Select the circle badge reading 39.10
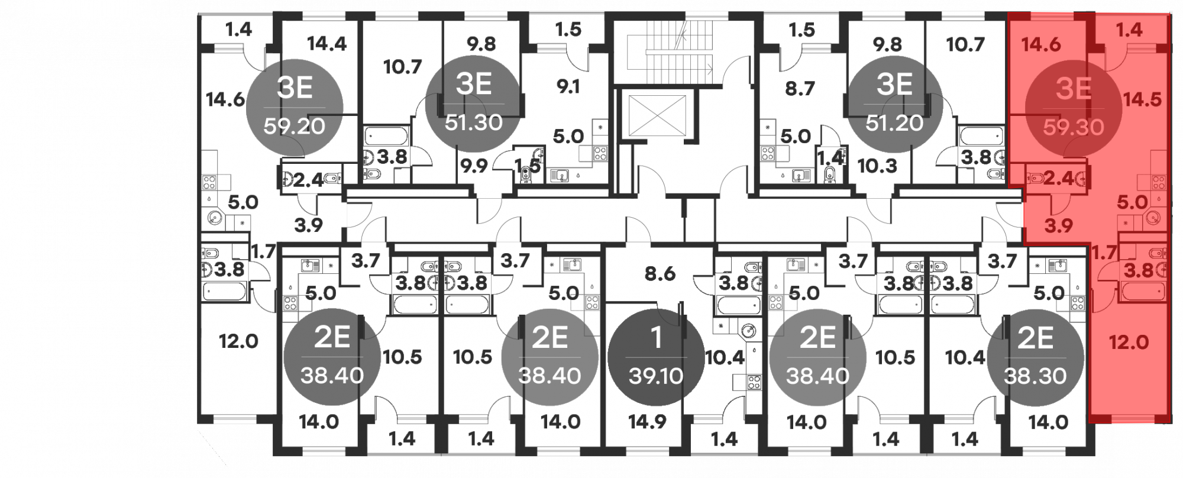pos(656,357)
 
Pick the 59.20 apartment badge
pos(295,106)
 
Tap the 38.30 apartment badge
pos(1035,357)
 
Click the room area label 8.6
pos(660,274)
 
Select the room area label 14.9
pos(647,422)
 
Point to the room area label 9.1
pos(568,87)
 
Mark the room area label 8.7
pos(800,89)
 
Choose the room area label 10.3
pos(878,166)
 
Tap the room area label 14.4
pos(327,44)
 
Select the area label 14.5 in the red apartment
pos(1143,99)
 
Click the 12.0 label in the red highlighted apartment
pos(1129,342)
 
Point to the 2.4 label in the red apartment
pos(1058,178)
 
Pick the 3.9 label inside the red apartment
pos(1058,225)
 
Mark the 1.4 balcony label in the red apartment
pos(1129,30)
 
